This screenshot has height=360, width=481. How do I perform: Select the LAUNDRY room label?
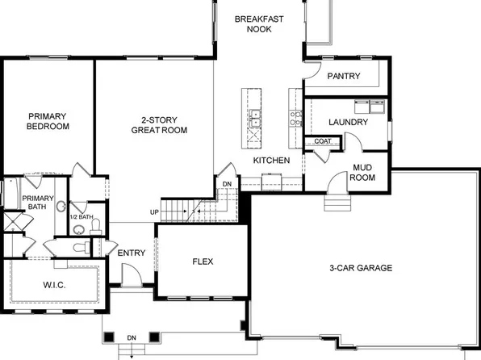[x=349, y=123]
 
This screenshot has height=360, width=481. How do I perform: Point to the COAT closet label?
[x=323, y=141]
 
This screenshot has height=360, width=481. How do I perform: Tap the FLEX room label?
[x=202, y=262]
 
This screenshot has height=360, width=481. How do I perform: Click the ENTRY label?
[x=132, y=253]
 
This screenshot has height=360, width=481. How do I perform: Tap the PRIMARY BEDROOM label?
[x=48, y=121]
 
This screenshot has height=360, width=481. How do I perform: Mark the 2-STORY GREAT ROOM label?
[x=159, y=124]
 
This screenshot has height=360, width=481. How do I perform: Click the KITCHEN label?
[x=272, y=161]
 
